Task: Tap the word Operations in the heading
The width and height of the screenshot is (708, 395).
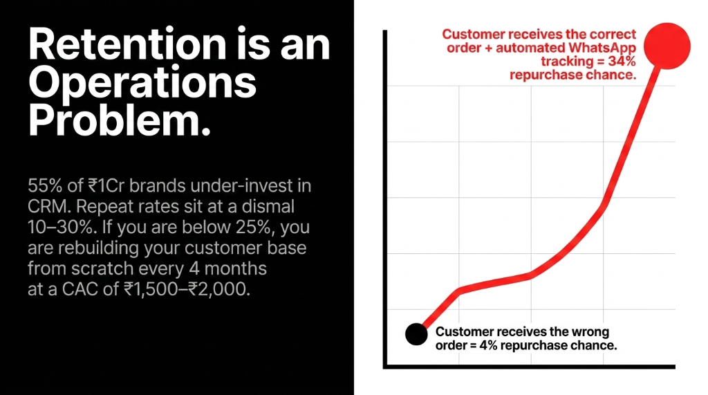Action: (142, 83)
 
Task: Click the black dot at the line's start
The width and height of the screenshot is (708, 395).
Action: (416, 334)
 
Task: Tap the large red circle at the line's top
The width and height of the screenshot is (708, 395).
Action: (669, 44)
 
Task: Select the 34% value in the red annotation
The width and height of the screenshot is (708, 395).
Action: (620, 62)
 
